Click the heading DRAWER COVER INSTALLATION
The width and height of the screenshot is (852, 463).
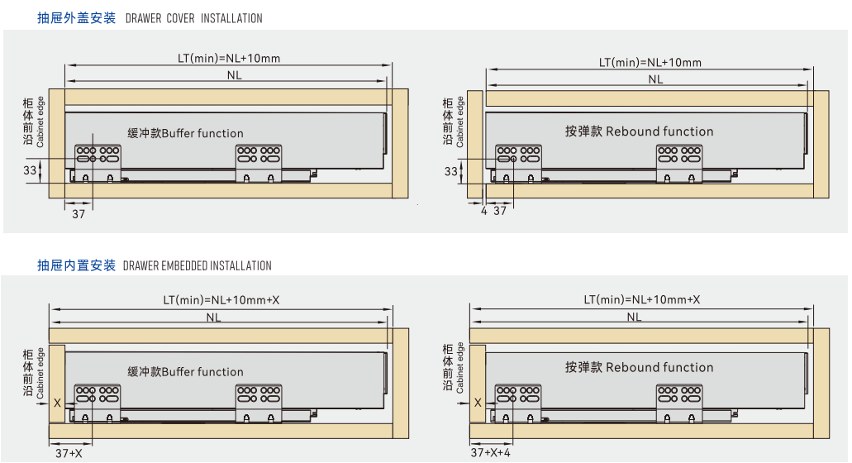[x=193, y=18]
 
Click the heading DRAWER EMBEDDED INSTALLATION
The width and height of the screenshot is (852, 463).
[x=197, y=265]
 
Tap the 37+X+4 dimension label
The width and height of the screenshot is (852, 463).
[x=491, y=453]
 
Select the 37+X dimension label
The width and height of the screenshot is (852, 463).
[x=69, y=453]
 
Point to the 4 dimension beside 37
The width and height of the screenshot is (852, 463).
[x=483, y=211]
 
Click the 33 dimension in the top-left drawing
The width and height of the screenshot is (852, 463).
[x=30, y=169]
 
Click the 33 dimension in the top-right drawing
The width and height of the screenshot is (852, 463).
[x=450, y=171]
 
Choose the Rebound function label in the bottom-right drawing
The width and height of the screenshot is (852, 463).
[x=639, y=367]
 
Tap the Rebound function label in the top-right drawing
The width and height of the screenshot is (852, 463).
[x=639, y=131]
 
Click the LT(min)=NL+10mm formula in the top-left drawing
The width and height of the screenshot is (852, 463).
[x=229, y=58]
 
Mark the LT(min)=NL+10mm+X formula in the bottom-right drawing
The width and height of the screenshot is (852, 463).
[x=641, y=299]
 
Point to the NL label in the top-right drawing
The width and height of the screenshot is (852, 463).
[x=655, y=79]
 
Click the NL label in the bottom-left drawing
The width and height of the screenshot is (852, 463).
[x=213, y=317]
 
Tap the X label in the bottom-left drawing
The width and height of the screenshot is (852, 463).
[x=56, y=403]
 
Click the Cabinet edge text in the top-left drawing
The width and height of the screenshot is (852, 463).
[x=40, y=122]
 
